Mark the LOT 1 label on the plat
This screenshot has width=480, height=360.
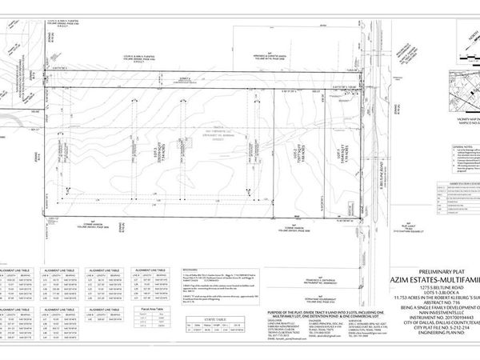pos(340,148)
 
